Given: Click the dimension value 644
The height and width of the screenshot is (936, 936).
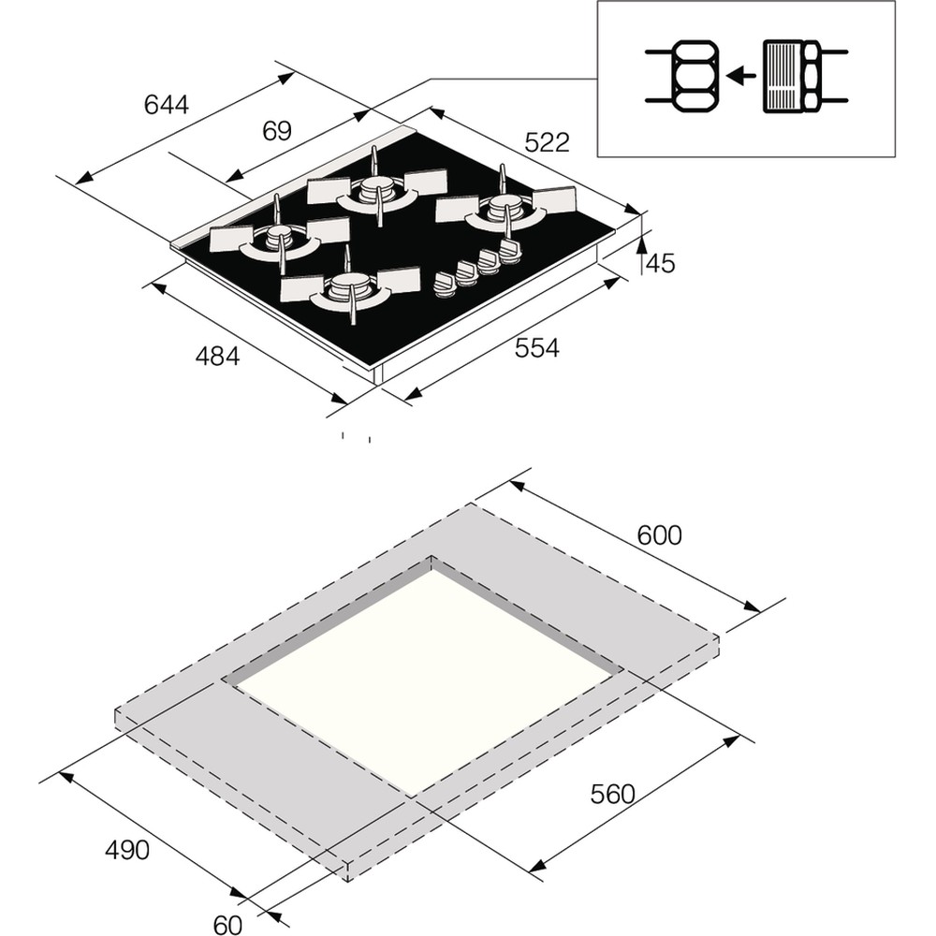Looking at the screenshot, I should coord(167,104).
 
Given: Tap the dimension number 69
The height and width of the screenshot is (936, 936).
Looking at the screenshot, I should coord(276,131).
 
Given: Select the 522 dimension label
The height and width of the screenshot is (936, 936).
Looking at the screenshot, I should coord(547,142).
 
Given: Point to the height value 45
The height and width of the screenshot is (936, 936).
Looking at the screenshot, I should coord(660,264).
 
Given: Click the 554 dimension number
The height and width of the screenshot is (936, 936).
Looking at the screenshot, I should coord(536,348).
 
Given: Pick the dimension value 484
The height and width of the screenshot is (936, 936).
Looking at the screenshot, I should coord(217,357).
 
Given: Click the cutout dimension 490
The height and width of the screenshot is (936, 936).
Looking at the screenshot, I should coord(126,850).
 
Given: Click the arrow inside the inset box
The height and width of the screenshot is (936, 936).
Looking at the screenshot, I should coord(742,76).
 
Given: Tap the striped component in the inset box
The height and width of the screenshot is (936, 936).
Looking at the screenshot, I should coord(784,76).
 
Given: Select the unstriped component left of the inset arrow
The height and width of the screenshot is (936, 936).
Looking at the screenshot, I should coord(693,76).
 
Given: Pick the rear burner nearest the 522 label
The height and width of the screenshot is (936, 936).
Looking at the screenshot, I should coord(505,211).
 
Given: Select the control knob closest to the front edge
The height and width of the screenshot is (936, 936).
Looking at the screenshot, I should coord(444,285).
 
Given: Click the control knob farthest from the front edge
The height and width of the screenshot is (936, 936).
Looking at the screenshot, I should coord(509,249).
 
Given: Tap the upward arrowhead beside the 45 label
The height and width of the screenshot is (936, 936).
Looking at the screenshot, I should coord(642,245).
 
